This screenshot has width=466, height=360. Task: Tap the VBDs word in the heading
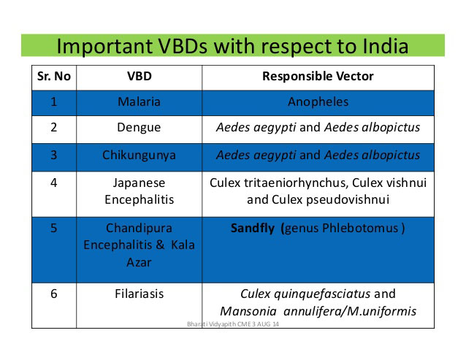pyautogui.click(x=182, y=46)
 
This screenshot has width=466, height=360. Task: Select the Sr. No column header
pyautogui.click(x=54, y=77)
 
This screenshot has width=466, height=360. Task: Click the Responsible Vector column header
pyautogui.click(x=318, y=77)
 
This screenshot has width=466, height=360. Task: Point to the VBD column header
pyautogui.click(x=139, y=77)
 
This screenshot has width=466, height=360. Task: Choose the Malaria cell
pyautogui.click(x=139, y=102)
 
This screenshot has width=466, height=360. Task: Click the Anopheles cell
pyautogui.click(x=318, y=102)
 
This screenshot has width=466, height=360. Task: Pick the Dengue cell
pyautogui.click(x=139, y=128)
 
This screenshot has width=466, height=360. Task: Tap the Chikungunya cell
pyautogui.click(x=139, y=156)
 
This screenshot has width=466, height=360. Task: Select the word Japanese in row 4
pyautogui.click(x=139, y=183)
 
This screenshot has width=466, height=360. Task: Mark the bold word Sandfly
pyautogui.click(x=253, y=229)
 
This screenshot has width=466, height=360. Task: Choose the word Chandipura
pyautogui.click(x=139, y=229)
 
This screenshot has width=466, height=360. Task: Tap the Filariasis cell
pyautogui.click(x=139, y=294)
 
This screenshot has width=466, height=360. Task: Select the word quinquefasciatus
pyautogui.click(x=322, y=294)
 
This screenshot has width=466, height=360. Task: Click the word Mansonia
pyautogui.click(x=248, y=312)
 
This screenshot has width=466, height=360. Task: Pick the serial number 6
pyautogui.click(x=54, y=294)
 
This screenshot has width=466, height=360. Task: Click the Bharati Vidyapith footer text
pyautogui.click(x=233, y=324)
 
